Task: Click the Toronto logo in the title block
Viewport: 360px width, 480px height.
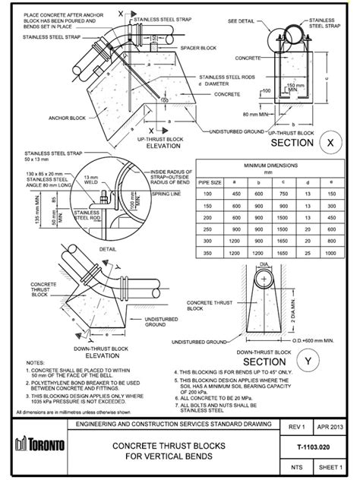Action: (x=32, y=444)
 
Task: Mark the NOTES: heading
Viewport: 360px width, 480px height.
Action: (x=36, y=363)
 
